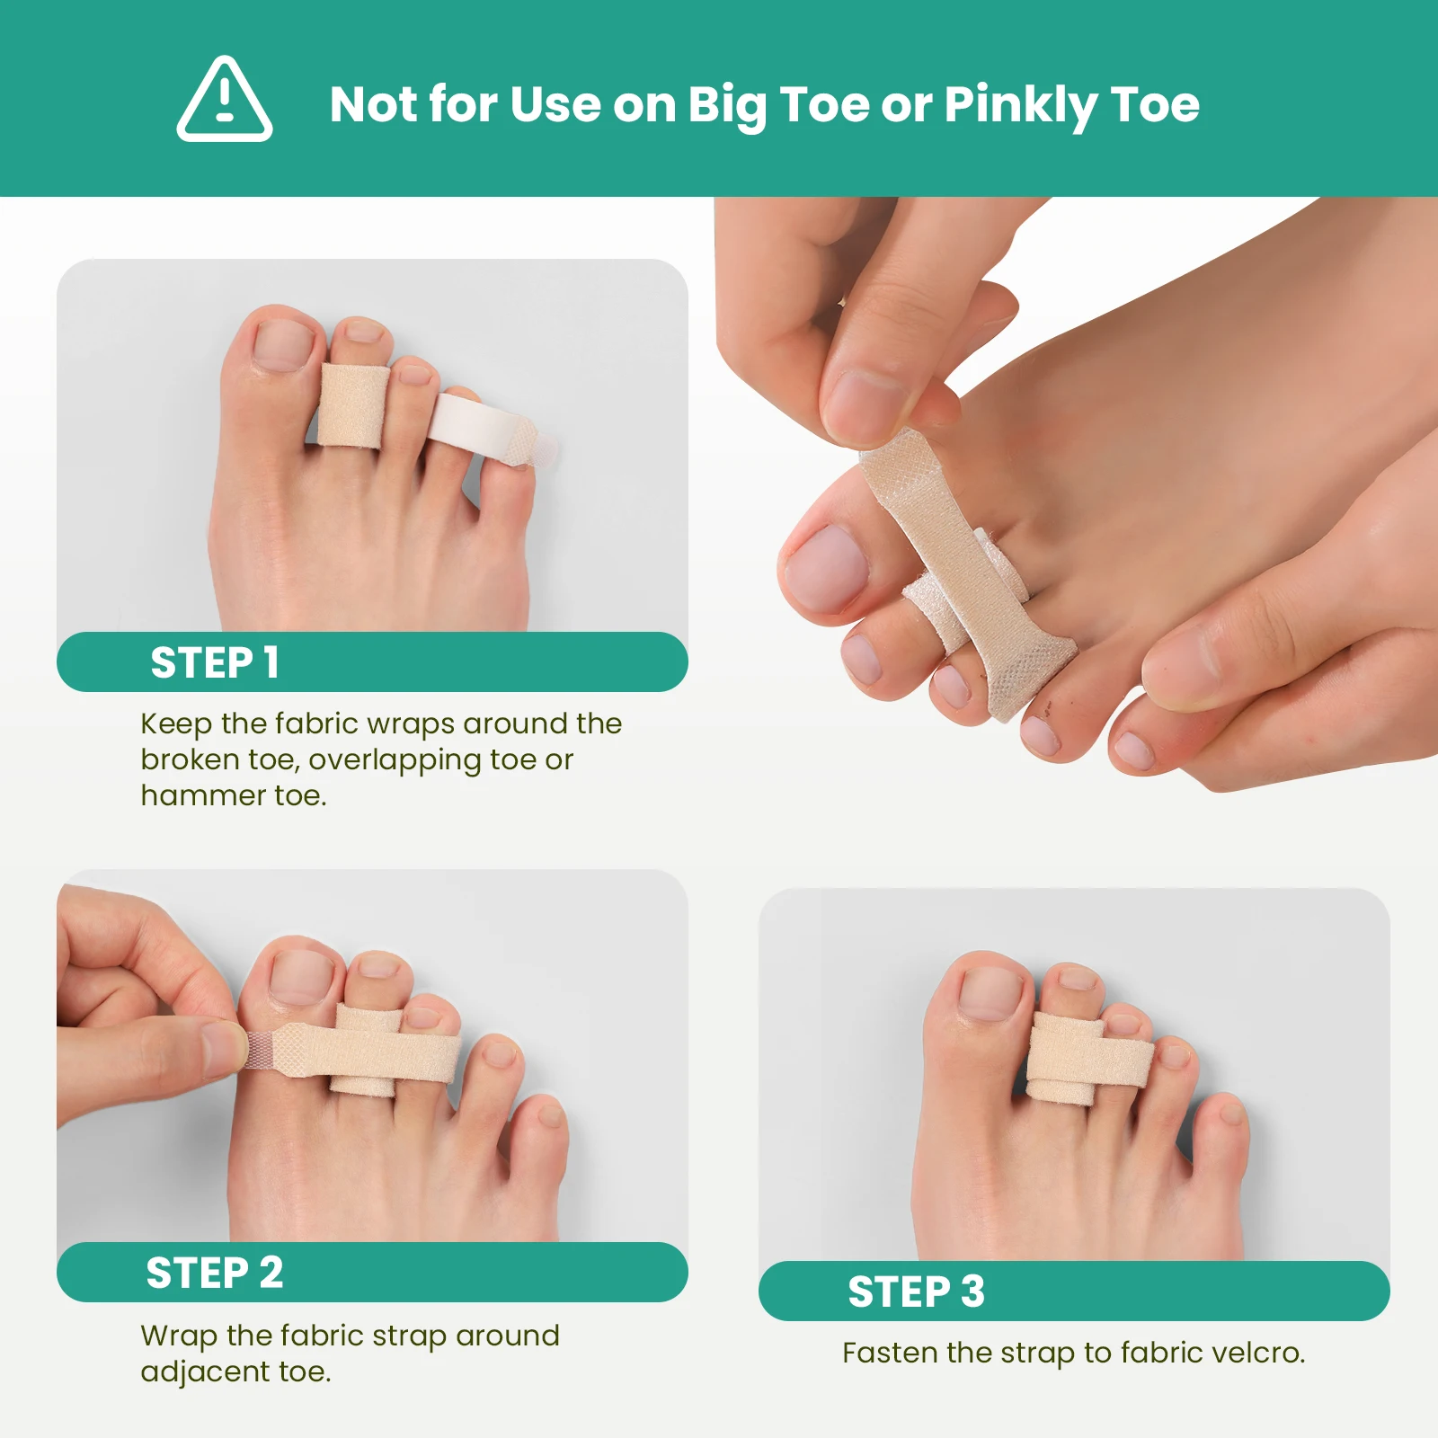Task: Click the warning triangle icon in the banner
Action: (x=225, y=101)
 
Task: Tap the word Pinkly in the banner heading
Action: (x=1019, y=105)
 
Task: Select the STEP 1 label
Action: (x=215, y=663)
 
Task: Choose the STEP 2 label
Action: (x=215, y=1274)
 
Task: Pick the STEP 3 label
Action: (x=916, y=1292)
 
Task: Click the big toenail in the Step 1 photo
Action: (x=285, y=344)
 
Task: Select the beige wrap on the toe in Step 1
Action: (x=352, y=406)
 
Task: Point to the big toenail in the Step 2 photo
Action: (x=304, y=976)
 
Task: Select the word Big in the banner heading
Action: (x=727, y=105)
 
